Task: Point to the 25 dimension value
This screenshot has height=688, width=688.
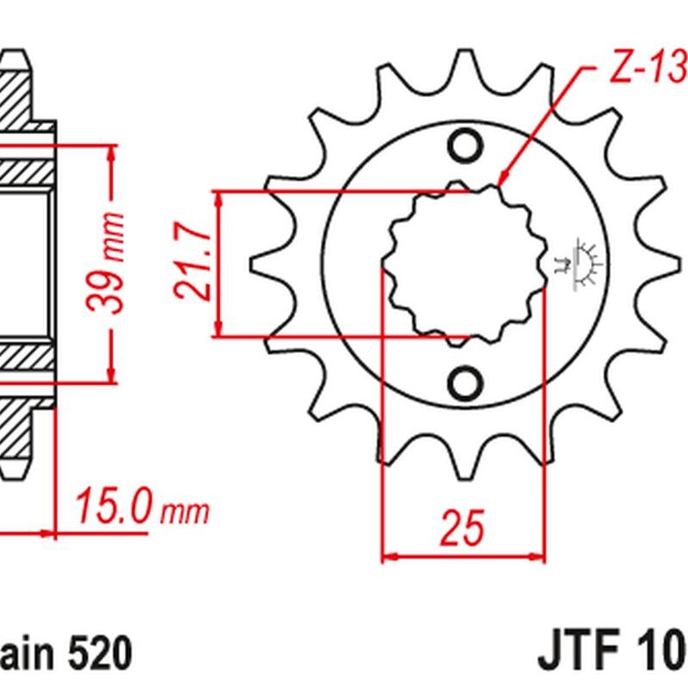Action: point(464,529)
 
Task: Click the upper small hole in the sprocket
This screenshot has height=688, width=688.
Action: point(465,146)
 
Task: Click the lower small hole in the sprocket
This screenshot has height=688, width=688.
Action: point(465,380)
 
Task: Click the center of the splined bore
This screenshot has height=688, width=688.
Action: point(465,263)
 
